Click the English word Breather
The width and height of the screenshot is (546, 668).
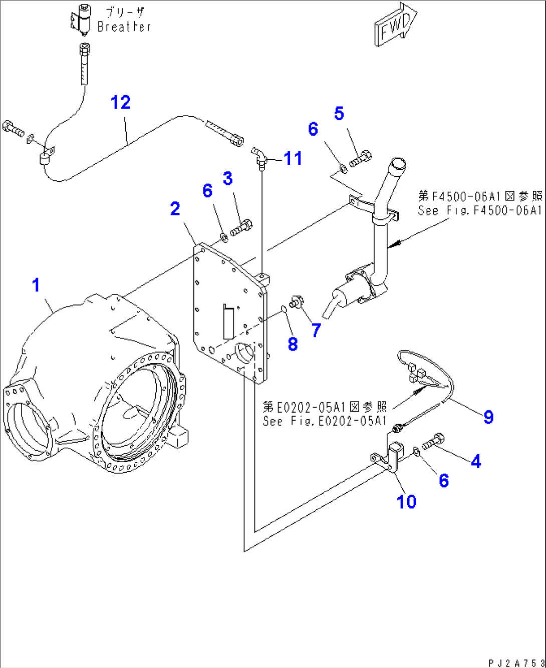click(x=124, y=27)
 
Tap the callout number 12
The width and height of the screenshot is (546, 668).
click(x=121, y=103)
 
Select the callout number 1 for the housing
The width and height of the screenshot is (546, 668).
click(x=36, y=285)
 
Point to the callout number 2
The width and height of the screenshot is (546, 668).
click(x=175, y=209)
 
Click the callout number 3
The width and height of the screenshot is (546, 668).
click(x=228, y=178)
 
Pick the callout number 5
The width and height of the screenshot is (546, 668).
click(x=339, y=114)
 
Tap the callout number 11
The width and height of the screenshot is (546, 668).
click(x=293, y=158)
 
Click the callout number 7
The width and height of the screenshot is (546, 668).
click(x=316, y=330)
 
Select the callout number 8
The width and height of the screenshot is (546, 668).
click(x=293, y=344)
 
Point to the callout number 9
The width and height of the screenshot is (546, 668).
click(x=488, y=417)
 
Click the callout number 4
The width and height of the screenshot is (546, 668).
click(x=475, y=461)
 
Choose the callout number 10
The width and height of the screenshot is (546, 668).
click(x=406, y=501)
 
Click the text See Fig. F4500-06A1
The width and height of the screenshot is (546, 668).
click(x=480, y=210)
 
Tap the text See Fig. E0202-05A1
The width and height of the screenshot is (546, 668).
click(x=325, y=421)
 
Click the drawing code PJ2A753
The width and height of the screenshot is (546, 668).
click(x=516, y=662)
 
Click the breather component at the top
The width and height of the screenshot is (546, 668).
click(x=82, y=21)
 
